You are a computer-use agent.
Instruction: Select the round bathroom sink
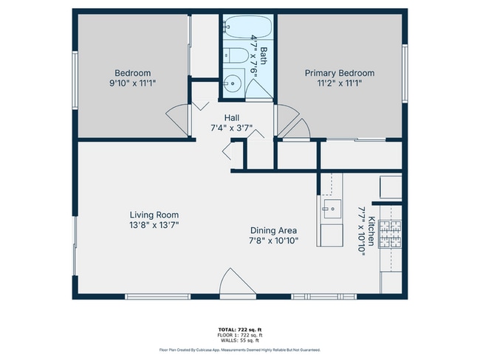(233, 83)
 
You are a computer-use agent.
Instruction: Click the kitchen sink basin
(329, 208)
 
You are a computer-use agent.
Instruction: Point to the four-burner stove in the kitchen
(391, 235)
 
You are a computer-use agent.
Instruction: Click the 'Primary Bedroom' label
(340, 73)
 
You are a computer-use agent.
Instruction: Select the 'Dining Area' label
(272, 230)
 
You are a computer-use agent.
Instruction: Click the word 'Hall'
(232, 117)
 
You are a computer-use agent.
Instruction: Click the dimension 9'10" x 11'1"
(133, 83)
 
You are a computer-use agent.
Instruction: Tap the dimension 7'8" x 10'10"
(272, 240)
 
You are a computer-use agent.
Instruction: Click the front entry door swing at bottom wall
(236, 283)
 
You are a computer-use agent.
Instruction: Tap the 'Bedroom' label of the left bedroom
(133, 73)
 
